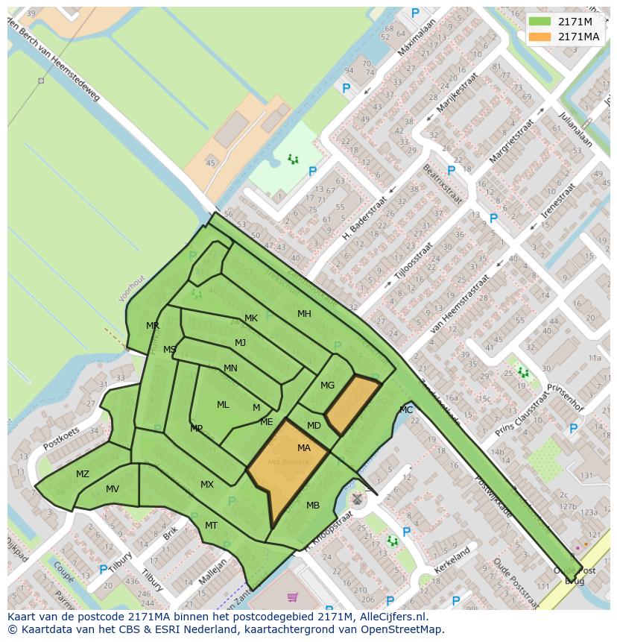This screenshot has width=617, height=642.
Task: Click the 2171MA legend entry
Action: coord(578,37)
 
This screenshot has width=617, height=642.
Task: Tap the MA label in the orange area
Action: coord(304,448)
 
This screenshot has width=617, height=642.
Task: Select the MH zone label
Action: coord(304,314)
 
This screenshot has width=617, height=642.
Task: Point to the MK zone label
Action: coord(251,318)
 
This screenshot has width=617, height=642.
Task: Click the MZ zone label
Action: coord(83,474)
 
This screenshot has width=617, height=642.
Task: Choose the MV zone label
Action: coord(113,489)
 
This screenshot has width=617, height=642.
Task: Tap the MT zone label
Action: coord(211,526)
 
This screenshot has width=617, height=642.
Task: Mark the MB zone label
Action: coord(313,506)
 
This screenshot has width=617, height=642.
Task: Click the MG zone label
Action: coord(327,385)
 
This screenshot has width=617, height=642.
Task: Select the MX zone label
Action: coord(207,485)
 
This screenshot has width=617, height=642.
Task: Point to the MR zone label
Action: coord(153,326)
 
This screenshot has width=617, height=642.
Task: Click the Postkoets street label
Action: coord(61,438)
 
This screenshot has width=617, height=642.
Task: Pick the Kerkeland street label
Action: coord(452,560)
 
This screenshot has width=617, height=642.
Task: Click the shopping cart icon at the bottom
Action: coord(292,597)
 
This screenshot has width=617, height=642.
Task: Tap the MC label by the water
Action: coord(406,410)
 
